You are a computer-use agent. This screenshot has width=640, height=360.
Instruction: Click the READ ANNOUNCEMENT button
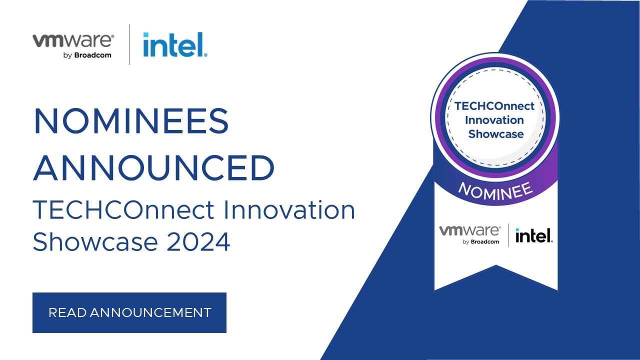[129, 312]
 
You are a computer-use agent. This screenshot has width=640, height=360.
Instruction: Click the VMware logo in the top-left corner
[73, 40]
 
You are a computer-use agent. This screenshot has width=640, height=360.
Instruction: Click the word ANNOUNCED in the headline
[154, 168]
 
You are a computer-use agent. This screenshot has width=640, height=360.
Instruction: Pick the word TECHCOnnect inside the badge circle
[494, 106]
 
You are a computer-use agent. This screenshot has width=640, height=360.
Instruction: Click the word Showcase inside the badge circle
[495, 134]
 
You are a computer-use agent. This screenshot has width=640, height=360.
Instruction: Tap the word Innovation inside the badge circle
[494, 120]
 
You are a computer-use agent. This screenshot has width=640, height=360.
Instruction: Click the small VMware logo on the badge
[469, 230]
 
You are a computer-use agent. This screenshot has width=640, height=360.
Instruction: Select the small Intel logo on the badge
[534, 235]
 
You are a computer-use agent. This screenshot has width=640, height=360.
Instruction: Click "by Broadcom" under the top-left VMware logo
[87, 55]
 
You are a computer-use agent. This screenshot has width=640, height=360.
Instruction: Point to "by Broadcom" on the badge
[481, 242]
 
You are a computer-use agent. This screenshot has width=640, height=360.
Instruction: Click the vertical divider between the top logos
[129, 44]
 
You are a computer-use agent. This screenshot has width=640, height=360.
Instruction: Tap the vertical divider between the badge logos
[508, 235]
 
